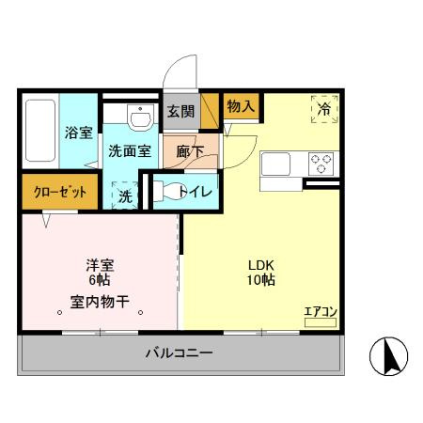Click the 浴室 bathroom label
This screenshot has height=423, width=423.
(78, 133)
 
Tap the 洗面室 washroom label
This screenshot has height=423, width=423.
(130, 149)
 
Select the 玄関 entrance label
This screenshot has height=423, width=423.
(180, 111)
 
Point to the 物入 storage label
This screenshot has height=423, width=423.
(240, 105)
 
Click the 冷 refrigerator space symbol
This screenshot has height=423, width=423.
(324, 109)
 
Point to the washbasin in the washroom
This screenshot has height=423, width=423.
(139, 118)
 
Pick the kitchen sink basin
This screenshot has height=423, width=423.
(278, 165)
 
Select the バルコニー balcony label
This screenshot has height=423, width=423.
(179, 353)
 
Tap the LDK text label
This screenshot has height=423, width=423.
(260, 264)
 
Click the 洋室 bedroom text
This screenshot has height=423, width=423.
(100, 265)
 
